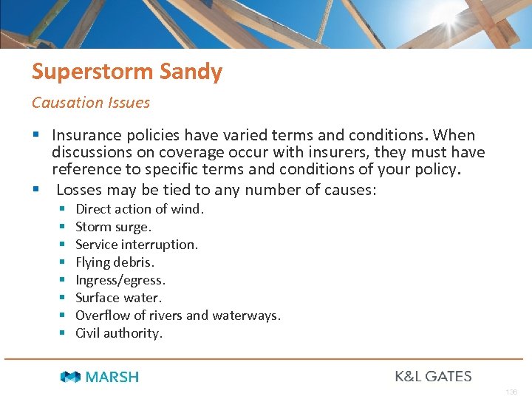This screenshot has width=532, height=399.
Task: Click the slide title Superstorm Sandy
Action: coord(126,72)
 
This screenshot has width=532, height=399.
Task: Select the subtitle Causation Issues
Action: coord(90,103)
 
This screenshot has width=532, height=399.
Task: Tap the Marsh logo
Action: coord(100,377)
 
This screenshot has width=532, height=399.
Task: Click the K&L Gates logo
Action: coord(433,376)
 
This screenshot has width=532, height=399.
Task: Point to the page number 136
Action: coord(512,392)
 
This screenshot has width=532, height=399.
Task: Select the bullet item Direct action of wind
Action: coord(140,209)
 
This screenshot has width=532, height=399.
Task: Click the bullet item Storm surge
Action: coord(113,227)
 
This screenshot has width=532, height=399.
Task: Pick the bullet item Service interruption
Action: coord(137,245)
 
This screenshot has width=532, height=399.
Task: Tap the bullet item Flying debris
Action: coord(115,262)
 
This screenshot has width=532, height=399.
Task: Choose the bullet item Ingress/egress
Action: coord(120,280)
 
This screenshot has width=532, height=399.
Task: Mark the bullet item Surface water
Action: coord(118,298)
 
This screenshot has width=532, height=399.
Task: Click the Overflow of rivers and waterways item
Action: coord(178,316)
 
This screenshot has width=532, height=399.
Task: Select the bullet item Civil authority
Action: coord(119,333)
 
